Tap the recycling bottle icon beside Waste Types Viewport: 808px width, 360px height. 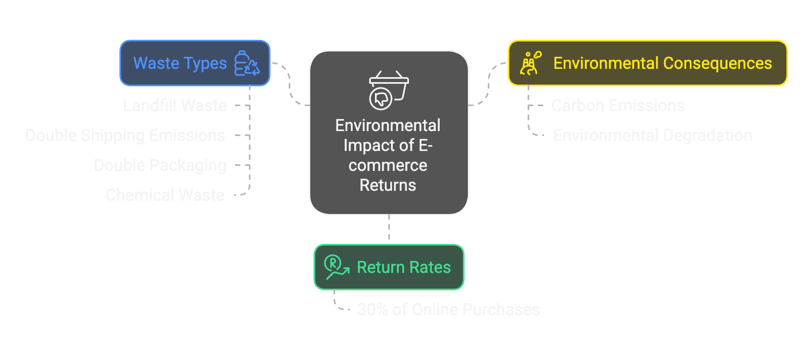click(x=247, y=63)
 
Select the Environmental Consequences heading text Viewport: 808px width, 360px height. click(x=662, y=63)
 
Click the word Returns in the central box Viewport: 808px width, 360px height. click(x=388, y=185)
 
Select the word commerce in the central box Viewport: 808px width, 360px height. click(x=388, y=165)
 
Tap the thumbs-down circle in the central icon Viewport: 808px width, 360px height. click(x=381, y=99)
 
